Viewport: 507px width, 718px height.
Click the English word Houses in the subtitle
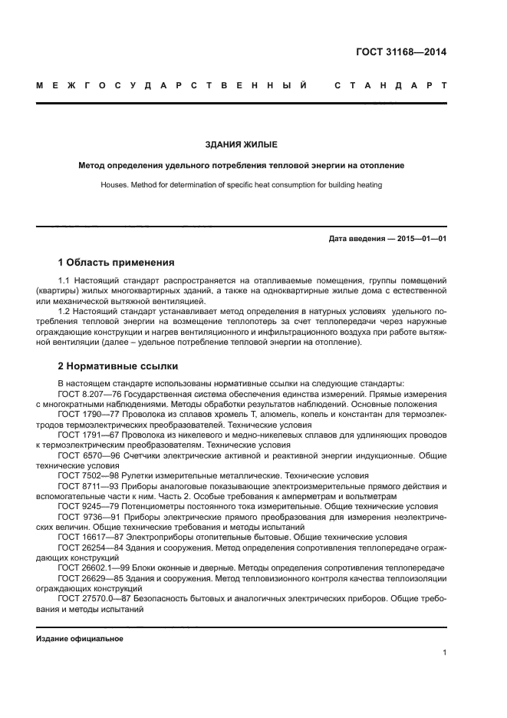115,185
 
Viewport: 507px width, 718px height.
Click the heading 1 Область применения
116,263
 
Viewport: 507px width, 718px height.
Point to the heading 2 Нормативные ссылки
117,366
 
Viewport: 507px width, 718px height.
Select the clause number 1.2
64,311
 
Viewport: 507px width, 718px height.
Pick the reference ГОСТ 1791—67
86,434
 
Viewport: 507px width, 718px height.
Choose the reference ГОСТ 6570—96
86,455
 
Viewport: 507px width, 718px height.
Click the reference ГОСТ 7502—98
86,475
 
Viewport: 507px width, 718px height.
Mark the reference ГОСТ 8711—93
86,485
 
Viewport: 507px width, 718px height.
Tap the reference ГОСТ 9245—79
86,506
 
